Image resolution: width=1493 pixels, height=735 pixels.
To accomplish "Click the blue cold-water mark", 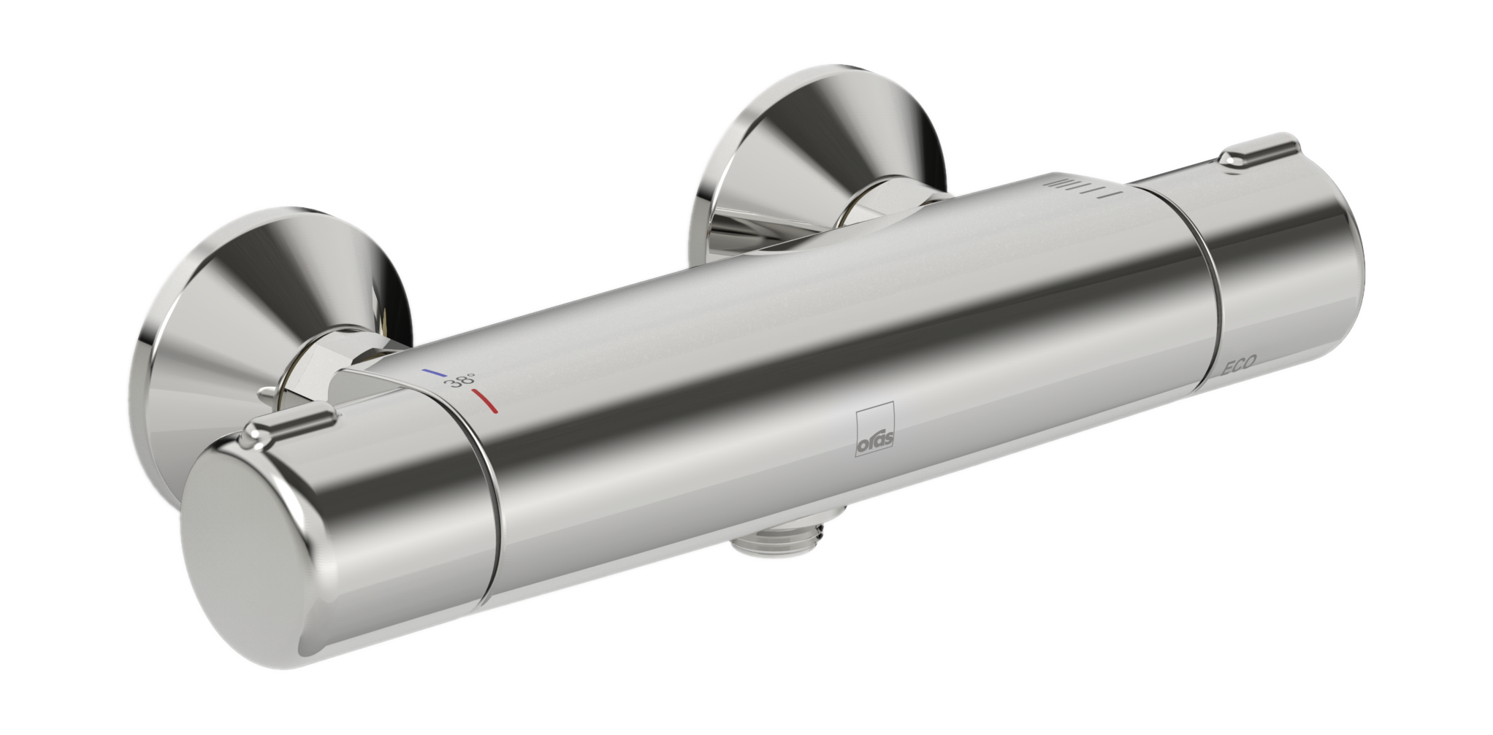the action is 434,372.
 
